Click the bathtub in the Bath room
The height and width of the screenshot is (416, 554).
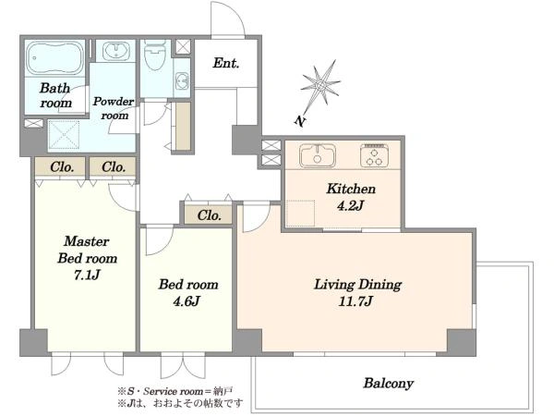click(x=54, y=57)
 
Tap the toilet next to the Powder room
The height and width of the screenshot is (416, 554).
click(x=155, y=55)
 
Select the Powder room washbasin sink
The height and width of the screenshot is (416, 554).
click(x=116, y=51)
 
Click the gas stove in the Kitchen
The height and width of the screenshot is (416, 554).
click(x=375, y=155)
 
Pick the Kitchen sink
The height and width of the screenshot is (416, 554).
click(x=318, y=155)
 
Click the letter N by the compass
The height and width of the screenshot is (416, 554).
click(x=299, y=121)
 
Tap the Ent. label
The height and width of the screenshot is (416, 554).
click(x=226, y=63)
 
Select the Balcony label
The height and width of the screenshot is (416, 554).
click(x=389, y=384)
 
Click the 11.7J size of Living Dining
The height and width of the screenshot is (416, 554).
click(x=355, y=301)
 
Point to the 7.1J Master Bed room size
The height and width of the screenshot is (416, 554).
click(x=87, y=275)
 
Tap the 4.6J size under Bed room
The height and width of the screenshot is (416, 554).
click(x=187, y=301)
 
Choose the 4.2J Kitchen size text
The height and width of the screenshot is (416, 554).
click(x=350, y=205)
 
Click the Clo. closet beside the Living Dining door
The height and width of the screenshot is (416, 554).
click(x=209, y=215)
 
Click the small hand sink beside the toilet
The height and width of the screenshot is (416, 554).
click(x=182, y=80)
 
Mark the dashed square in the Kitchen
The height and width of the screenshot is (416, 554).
click(x=300, y=213)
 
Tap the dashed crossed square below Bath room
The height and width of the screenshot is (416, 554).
click(x=64, y=135)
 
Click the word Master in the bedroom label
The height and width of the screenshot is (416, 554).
click(x=87, y=241)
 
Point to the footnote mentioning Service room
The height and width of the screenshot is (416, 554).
click(x=175, y=392)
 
